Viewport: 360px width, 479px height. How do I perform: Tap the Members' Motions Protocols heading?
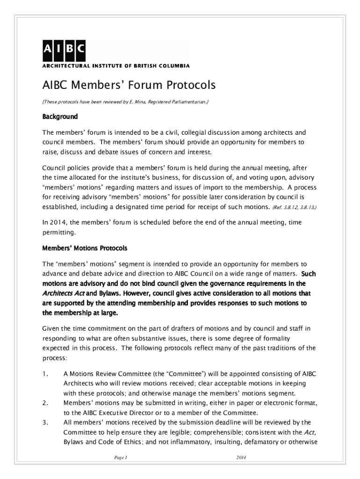pos(85,247)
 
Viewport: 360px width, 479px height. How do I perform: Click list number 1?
pos(45,374)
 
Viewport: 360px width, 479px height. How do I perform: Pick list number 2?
pos(45,402)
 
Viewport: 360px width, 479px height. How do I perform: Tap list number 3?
pos(45,422)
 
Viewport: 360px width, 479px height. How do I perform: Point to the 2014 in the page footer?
pos(241,457)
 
